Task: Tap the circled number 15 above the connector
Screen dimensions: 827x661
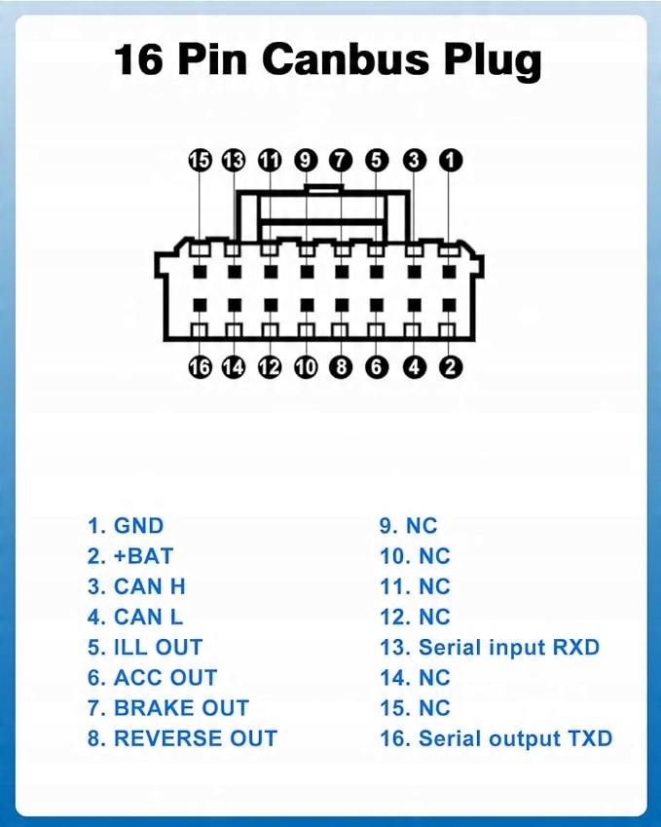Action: pos(200,161)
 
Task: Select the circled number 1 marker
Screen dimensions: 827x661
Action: pos(451,161)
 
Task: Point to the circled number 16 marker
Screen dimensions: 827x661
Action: pos(200,367)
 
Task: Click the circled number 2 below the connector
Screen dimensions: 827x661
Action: pos(451,367)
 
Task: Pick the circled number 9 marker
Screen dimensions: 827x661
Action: pos(306,161)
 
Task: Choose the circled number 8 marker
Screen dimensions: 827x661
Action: pos(341,367)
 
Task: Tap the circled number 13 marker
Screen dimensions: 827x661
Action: pos(234,161)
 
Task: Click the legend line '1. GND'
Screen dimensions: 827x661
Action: pos(126,526)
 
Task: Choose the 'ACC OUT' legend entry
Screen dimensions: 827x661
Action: pos(152,677)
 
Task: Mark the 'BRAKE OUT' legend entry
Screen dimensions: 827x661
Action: pos(167,708)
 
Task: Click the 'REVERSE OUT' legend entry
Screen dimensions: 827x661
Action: pos(182,738)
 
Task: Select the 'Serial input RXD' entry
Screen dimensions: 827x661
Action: pos(489,647)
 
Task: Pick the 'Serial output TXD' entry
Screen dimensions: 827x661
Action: pos(496,738)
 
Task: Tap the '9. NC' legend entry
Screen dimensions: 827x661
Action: pos(408,526)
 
